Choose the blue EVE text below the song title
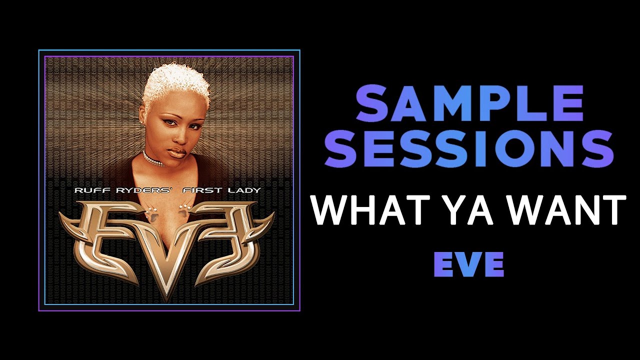click(x=468, y=264)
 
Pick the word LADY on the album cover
click(x=244, y=190)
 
